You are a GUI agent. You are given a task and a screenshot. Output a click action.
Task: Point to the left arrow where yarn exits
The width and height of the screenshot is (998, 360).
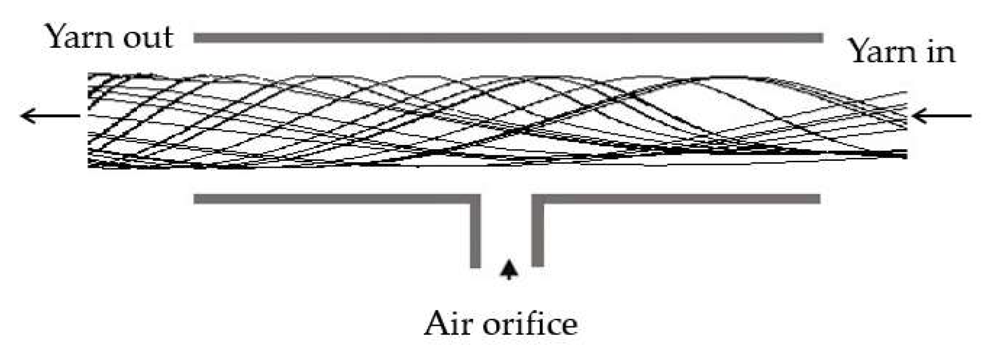(x=50, y=115)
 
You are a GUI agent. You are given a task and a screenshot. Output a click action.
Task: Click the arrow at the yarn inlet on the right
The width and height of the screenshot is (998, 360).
(x=943, y=115)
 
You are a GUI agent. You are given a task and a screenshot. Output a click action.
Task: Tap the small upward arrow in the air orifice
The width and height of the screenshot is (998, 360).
(x=508, y=270)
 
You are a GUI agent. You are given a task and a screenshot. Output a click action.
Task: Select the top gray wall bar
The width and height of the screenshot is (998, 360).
(x=508, y=38)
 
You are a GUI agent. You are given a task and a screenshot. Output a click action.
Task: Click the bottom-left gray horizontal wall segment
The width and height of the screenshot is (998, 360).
(x=333, y=199)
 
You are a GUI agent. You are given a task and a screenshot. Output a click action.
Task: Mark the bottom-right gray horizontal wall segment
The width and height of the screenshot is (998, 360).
(x=680, y=199)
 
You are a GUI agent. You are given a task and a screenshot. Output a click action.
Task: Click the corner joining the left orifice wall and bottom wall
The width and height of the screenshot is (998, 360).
(x=476, y=199)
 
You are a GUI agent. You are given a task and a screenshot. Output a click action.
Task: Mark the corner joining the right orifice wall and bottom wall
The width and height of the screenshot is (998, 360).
(x=537, y=199)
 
